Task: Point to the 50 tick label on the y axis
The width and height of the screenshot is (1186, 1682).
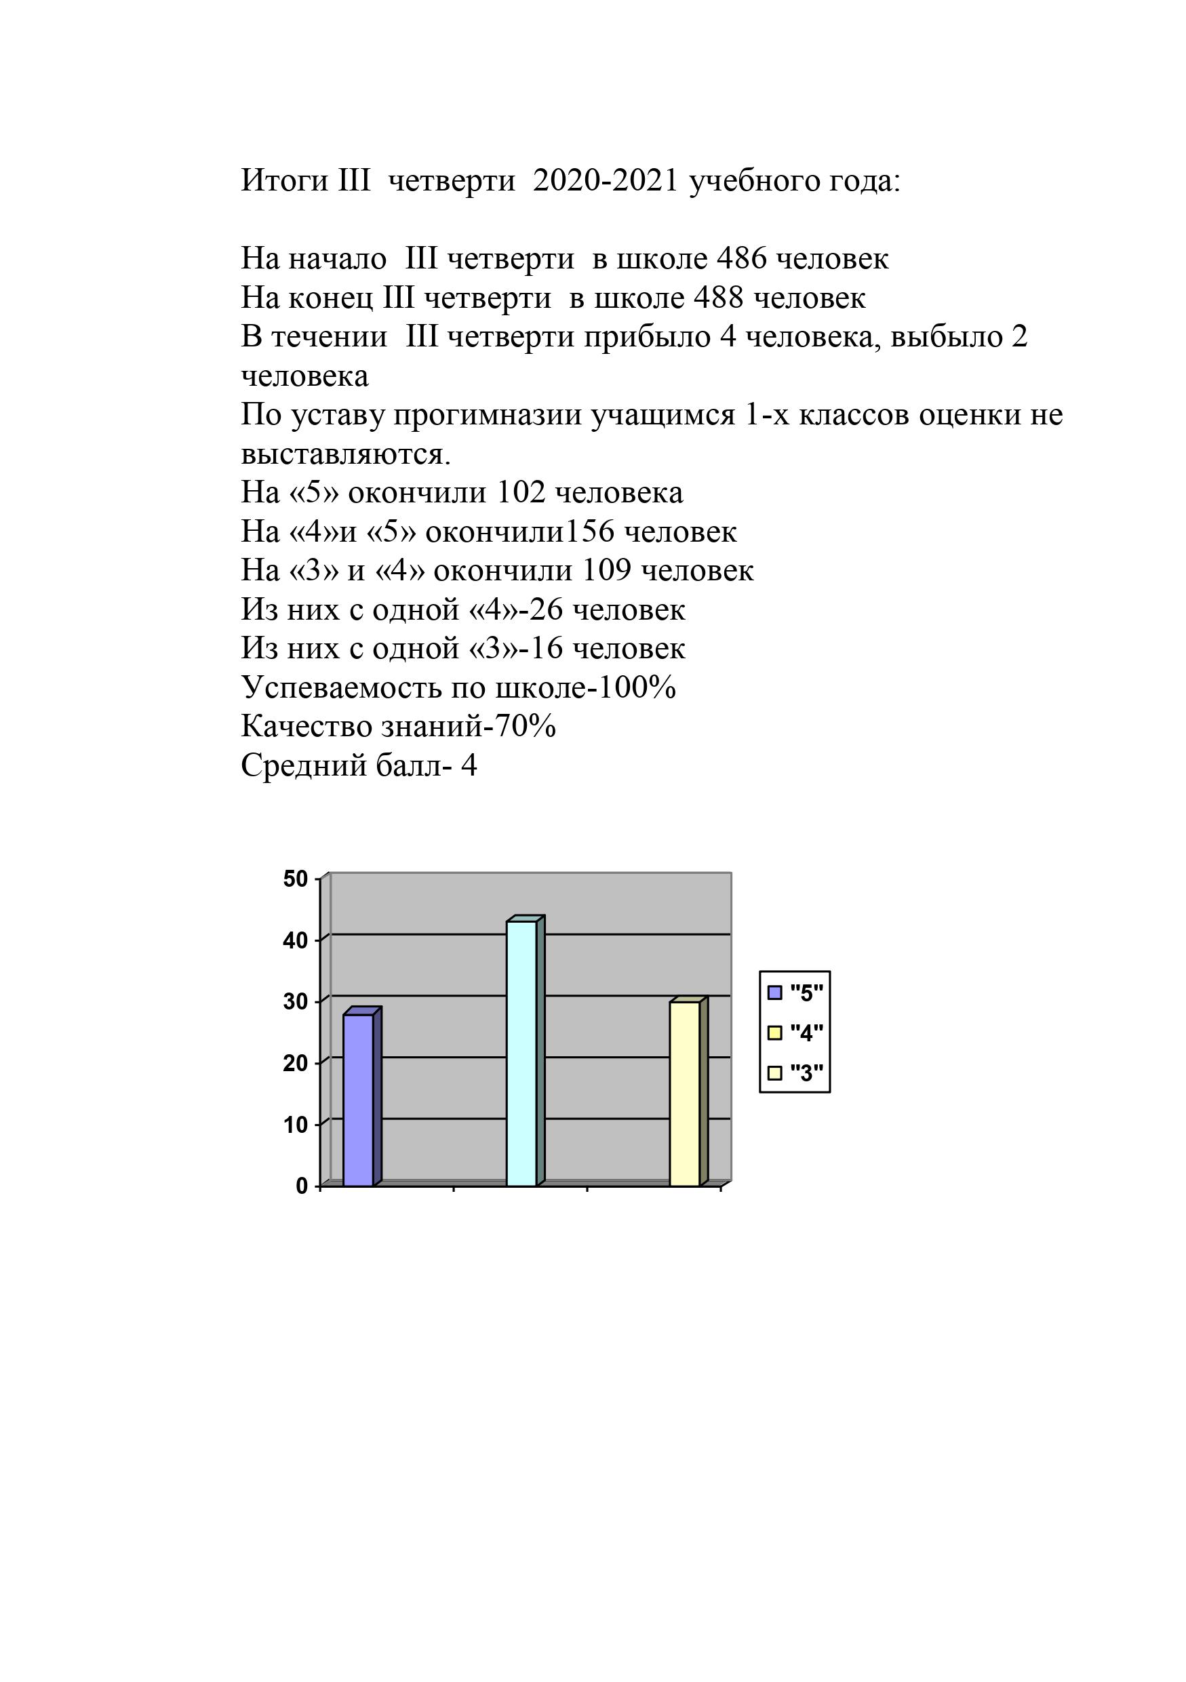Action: pyautogui.click(x=296, y=879)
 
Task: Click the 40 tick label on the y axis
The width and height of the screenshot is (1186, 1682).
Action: pyautogui.click(x=296, y=940)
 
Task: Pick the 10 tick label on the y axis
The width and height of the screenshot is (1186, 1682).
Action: pyautogui.click(x=296, y=1125)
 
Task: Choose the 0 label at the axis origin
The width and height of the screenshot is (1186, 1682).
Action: pyautogui.click(x=302, y=1186)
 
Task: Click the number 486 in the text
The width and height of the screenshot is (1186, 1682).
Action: pyautogui.click(x=741, y=258)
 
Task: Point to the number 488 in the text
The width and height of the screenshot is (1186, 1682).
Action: pyautogui.click(x=718, y=298)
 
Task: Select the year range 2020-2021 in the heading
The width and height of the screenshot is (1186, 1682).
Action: pyautogui.click(x=606, y=180)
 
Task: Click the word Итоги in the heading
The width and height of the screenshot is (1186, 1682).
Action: pyautogui.click(x=285, y=180)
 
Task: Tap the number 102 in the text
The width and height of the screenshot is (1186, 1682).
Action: pyautogui.click(x=521, y=492)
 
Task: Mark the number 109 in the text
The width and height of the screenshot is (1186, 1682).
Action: pyautogui.click(x=606, y=570)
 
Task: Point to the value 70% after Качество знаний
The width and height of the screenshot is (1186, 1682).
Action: pyautogui.click(x=526, y=726)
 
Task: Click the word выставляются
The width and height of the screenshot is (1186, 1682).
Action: pyautogui.click(x=345, y=454)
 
